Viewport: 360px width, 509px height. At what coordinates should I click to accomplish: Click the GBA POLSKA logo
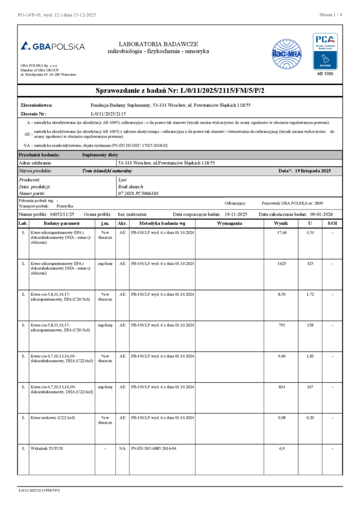[x=53, y=46]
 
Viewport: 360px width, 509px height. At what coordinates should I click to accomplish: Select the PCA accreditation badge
[x=325, y=52]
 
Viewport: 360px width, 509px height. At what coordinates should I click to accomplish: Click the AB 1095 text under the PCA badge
[x=325, y=74]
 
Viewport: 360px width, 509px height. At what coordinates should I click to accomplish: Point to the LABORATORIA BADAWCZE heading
[x=158, y=44]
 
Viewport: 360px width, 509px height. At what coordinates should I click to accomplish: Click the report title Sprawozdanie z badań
[x=180, y=90]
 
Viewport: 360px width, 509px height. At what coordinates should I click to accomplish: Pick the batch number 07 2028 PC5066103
[x=138, y=193]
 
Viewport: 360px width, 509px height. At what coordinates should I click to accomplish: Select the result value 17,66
[x=281, y=233]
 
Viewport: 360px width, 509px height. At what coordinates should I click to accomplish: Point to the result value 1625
[x=281, y=263]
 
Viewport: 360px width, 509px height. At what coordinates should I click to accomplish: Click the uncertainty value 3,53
[x=310, y=233]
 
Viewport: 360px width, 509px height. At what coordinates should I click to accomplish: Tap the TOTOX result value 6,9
[x=281, y=448]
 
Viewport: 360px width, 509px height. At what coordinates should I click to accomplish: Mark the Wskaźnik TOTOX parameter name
[x=47, y=448]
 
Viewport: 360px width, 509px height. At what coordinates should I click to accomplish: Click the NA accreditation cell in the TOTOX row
[x=122, y=448]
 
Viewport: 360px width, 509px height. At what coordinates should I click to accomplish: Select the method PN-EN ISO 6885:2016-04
[x=154, y=448]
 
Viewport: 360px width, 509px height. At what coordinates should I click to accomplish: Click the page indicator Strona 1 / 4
[x=331, y=14]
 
